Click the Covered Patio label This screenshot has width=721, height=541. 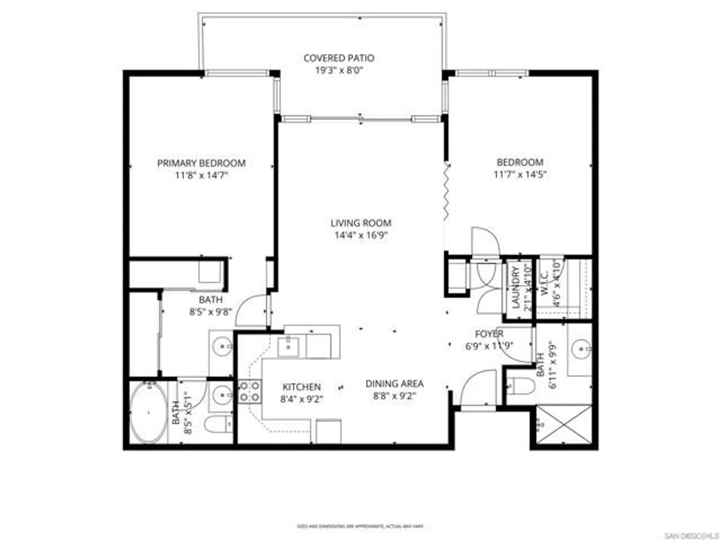[339, 58]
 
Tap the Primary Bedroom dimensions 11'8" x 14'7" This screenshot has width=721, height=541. [202, 176]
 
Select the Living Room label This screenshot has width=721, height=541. [361, 223]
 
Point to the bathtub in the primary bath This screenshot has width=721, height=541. [148, 412]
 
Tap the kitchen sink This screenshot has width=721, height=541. [288, 347]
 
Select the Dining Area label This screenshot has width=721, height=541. [394, 384]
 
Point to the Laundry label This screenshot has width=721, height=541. [516, 287]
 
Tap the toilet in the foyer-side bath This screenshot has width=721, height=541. [520, 386]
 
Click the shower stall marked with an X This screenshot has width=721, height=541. [564, 425]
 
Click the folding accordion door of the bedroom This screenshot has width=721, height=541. [447, 191]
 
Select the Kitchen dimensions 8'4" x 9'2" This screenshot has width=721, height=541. [302, 399]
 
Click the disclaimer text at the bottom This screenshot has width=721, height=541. [360, 527]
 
